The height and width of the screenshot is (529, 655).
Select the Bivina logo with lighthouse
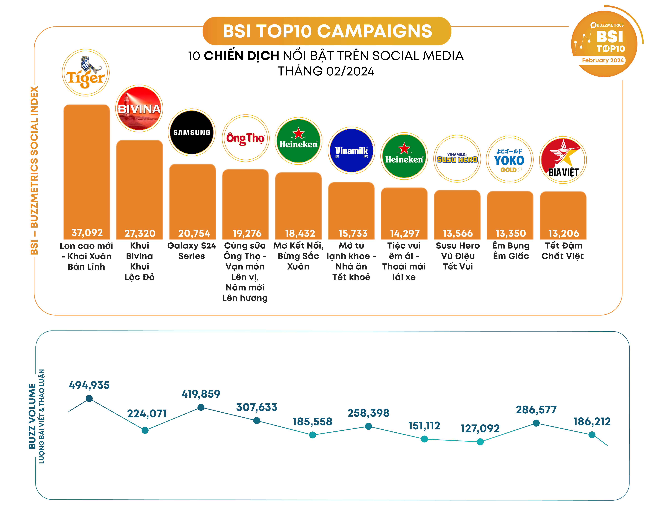pos(139,108)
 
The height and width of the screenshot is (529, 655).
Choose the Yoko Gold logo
pos(509,159)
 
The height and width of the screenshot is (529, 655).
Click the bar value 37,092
pos(87,233)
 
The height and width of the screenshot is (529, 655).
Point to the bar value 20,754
pos(194,233)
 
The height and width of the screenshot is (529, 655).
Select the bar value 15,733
pos(353,233)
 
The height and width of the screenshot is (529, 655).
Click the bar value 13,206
pos(564,233)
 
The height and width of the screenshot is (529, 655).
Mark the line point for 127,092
pos(480,442)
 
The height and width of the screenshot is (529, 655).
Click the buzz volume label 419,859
pos(201,394)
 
